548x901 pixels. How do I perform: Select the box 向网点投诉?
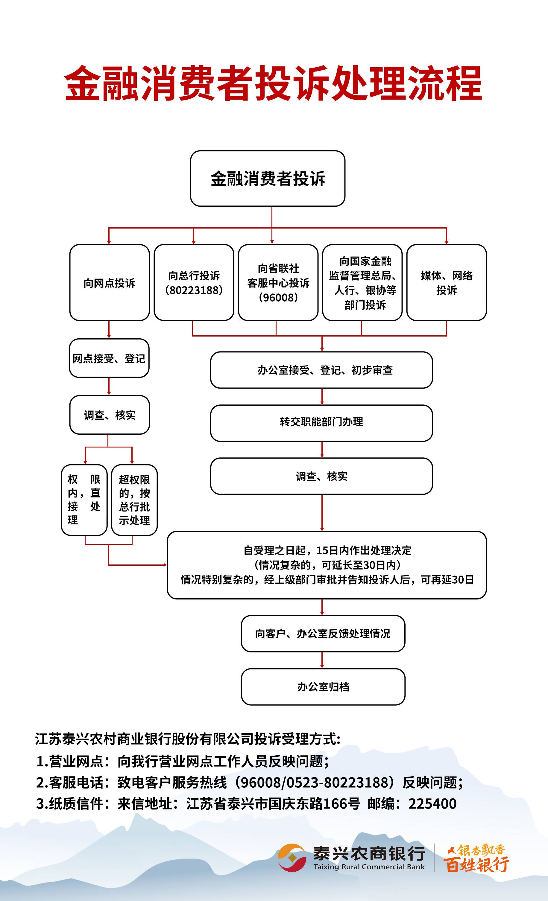tap(109, 283)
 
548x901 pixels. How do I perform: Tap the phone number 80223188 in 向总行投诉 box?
tap(194, 290)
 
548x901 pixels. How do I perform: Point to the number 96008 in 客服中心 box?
tap(278, 298)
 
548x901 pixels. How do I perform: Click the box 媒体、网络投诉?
tap(446, 283)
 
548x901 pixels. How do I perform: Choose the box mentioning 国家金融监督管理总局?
tap(362, 283)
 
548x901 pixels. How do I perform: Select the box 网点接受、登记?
tap(109, 358)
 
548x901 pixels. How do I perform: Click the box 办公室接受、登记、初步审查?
tap(321, 370)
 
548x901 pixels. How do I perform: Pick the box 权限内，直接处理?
tap(84, 500)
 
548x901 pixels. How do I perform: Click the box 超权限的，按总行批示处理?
tap(134, 500)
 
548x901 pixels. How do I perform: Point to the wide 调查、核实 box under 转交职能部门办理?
tap(321, 476)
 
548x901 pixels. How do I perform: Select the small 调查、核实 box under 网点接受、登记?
tap(109, 415)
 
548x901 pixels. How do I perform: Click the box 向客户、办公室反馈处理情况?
tap(323, 633)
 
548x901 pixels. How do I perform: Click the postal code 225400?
tap(432, 804)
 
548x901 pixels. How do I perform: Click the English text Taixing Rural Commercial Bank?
tap(369, 867)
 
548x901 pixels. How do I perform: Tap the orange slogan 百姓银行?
tap(476, 865)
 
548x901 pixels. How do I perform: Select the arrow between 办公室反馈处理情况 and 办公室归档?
tap(322, 660)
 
